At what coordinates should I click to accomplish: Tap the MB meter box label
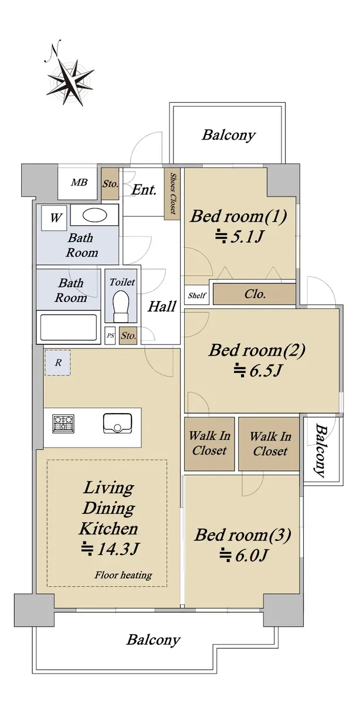79,182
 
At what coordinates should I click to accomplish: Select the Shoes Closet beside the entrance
172,194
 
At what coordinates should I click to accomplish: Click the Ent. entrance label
144,189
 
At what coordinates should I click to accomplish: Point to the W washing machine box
54,218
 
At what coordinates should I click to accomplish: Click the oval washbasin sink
94,215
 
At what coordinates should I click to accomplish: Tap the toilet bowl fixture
121,306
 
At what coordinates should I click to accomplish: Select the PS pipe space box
110,336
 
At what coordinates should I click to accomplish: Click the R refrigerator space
57,363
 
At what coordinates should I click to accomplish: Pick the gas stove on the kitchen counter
63,424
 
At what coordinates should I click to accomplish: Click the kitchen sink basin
117,424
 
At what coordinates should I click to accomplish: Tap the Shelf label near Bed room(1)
197,295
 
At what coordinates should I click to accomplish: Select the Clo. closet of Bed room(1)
254,294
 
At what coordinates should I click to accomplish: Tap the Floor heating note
123,576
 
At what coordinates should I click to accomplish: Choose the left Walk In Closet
209,444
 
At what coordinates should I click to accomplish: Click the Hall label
162,306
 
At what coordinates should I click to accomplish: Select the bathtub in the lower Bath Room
69,327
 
